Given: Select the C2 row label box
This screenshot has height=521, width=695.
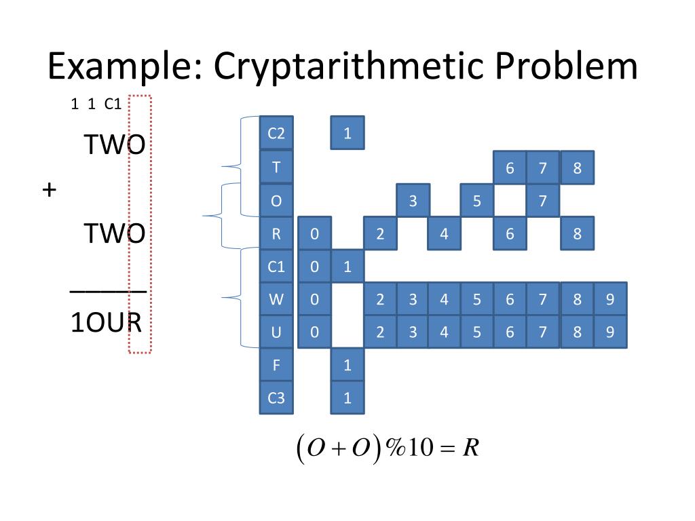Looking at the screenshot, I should pos(276,133).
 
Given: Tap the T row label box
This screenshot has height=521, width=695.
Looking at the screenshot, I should pos(276,168).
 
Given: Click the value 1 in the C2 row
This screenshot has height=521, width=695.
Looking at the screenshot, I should pos(347,133).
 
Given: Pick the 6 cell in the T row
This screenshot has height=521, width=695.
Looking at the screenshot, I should pos(510,168).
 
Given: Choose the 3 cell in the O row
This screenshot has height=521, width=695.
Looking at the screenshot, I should pos(413,201).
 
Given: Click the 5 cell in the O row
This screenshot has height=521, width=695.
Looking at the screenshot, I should pos(477,201).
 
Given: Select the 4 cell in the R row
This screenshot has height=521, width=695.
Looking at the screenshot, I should pos(444,233).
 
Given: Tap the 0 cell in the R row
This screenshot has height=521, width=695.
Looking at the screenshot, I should pos(314,233).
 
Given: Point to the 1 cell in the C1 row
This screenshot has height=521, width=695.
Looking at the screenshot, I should pos(347,267).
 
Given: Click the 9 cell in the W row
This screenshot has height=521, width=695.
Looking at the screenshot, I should pos(610,299).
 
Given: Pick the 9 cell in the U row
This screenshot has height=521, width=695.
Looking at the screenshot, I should pos(610,332).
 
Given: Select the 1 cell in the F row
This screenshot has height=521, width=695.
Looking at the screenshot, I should pos(347,366).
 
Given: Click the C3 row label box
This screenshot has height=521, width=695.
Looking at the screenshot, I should pos(276,398).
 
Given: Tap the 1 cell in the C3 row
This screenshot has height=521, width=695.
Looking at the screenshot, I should pos(347,398).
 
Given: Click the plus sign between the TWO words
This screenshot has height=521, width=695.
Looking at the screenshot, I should pos(48,190).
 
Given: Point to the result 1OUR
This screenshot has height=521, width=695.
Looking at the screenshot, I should pos(106,324).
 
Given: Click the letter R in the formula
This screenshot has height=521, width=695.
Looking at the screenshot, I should pos(472,448).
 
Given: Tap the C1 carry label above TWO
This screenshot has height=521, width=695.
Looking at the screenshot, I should pos(113,104).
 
